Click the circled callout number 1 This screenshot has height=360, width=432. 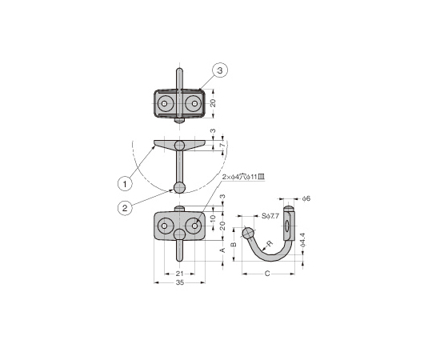pyautogui.click(x=125, y=184)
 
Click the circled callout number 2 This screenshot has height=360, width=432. pyautogui.click(x=125, y=208)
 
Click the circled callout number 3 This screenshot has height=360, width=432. pyautogui.click(x=220, y=70)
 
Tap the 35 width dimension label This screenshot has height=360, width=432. pyautogui.click(x=180, y=282)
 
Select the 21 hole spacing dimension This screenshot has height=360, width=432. pyautogui.click(x=180, y=274)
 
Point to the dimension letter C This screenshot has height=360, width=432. pyautogui.click(x=267, y=274)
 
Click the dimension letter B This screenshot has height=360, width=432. pyautogui.click(x=234, y=244)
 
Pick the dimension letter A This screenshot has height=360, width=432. pyautogui.click(x=223, y=250)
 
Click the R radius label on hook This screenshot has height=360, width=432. pyautogui.click(x=270, y=243)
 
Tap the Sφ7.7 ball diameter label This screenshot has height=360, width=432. pyautogui.click(x=270, y=216)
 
